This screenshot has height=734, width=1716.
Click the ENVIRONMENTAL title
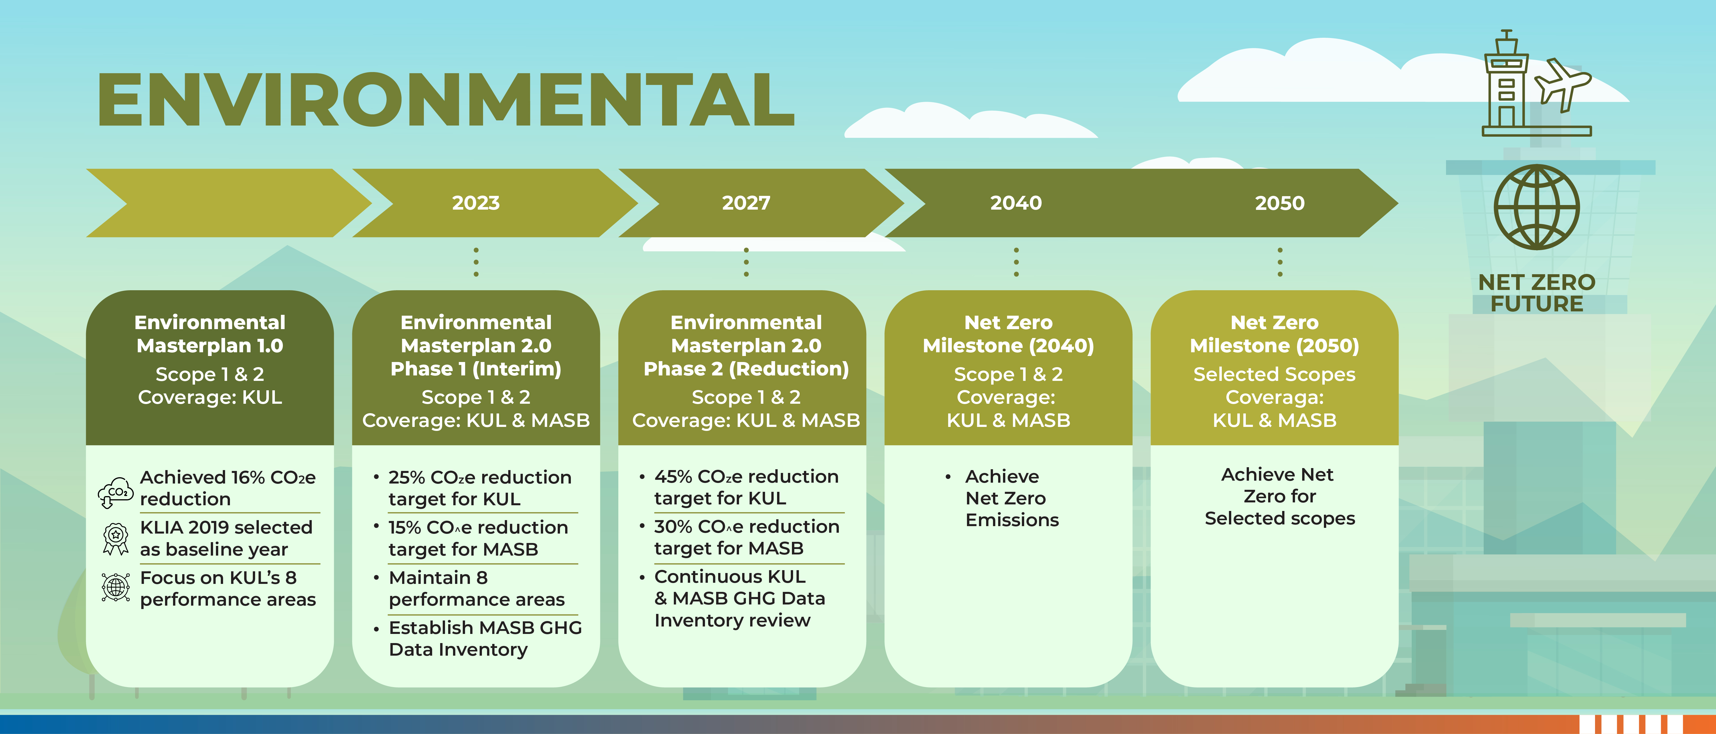tap(445, 100)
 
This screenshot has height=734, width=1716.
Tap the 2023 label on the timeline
tap(476, 202)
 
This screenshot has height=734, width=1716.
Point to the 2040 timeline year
tap(1015, 202)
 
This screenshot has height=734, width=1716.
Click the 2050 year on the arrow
tap(1279, 202)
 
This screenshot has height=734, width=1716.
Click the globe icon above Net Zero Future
tap(1536, 207)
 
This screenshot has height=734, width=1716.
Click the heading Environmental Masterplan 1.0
tap(210, 334)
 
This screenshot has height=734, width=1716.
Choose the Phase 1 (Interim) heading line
tap(476, 369)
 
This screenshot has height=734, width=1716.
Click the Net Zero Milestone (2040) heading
tap(1008, 334)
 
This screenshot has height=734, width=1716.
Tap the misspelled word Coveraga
tap(1274, 398)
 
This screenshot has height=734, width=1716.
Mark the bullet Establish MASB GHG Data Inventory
tap(485, 638)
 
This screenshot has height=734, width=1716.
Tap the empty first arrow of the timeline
tap(220, 202)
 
